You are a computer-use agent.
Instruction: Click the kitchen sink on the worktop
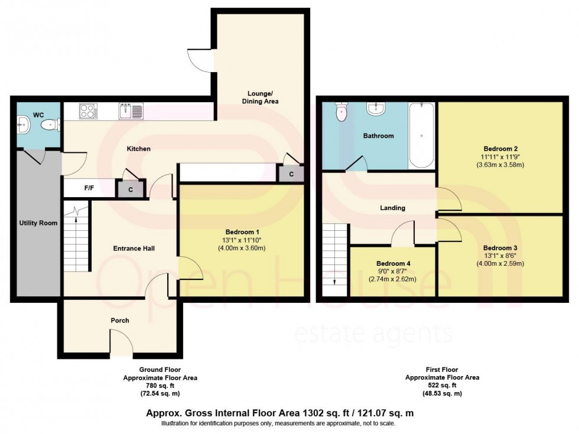(x=131, y=110)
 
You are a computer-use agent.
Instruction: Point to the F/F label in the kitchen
(x=89, y=188)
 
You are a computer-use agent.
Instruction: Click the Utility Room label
(x=38, y=223)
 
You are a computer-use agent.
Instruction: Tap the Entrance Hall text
(x=134, y=249)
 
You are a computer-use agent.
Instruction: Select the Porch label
(x=119, y=321)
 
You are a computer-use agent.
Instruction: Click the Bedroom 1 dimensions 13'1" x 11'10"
(x=243, y=240)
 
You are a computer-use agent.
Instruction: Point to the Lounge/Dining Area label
(x=260, y=97)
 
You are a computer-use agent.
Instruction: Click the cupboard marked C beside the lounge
(x=292, y=174)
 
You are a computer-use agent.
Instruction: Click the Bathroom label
(x=378, y=136)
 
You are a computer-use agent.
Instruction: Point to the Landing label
(x=392, y=208)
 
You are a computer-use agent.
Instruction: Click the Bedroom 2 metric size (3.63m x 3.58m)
(x=500, y=165)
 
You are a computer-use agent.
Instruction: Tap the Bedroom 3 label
(x=500, y=247)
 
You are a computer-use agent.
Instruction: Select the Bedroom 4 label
(x=393, y=263)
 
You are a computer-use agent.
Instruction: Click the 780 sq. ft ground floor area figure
(x=160, y=385)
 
